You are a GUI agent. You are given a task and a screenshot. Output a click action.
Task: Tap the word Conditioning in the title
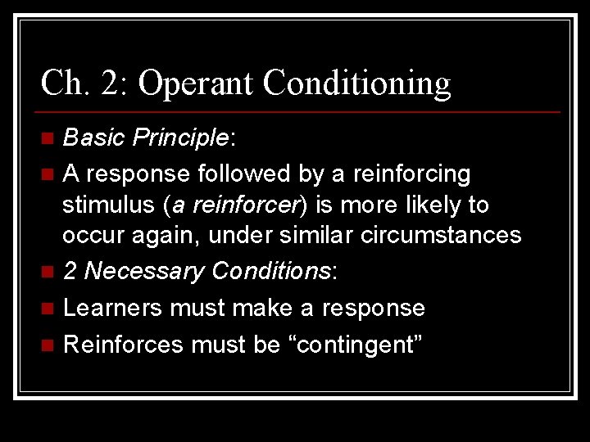pos(358,83)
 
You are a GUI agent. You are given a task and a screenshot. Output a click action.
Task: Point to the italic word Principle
pos(180,138)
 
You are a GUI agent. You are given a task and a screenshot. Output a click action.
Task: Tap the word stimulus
pos(109,205)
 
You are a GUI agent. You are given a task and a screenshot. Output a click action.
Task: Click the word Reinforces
pos(123,345)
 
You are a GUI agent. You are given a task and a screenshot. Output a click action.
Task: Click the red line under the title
pos(300,111)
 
